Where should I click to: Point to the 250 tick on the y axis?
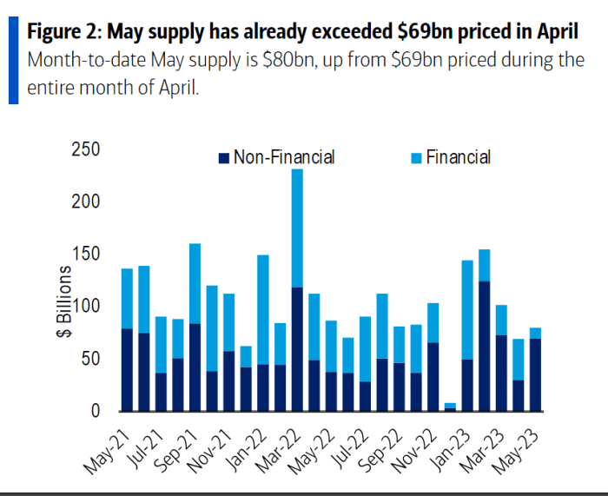[86, 149]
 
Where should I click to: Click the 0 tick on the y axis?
[96, 411]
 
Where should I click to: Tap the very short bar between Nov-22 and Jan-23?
[449, 407]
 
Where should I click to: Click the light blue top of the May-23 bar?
[536, 333]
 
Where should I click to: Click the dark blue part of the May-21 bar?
[127, 369]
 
